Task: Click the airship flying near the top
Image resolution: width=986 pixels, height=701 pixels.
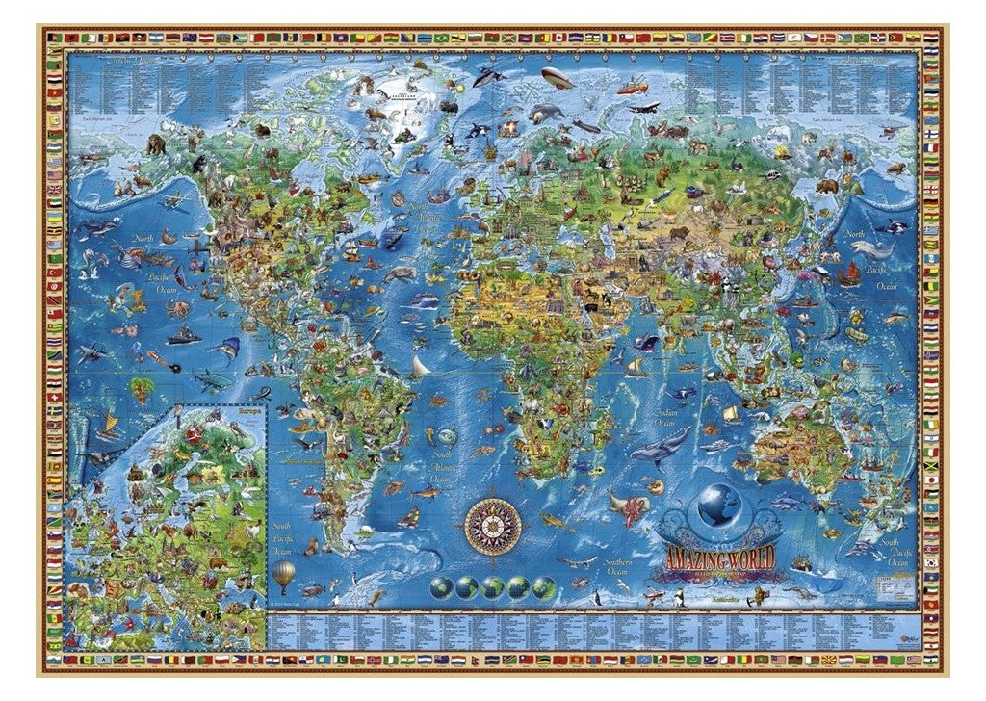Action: pyautogui.click(x=556, y=77)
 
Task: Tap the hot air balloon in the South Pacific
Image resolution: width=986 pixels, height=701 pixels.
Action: pyautogui.click(x=283, y=576)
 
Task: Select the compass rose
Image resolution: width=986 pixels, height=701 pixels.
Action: pyautogui.click(x=493, y=525)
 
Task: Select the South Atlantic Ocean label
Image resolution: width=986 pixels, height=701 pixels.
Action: pyautogui.click(x=441, y=464)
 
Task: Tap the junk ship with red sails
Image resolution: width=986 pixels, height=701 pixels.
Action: pyautogui.click(x=850, y=273)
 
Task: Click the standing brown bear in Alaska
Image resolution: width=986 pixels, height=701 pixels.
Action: pyautogui.click(x=156, y=144)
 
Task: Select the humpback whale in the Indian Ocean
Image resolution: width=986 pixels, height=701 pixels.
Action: pyautogui.click(x=660, y=446)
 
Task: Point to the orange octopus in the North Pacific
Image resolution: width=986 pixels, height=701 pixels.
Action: pyautogui.click(x=178, y=309)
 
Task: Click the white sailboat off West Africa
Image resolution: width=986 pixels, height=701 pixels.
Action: pyautogui.click(x=421, y=366)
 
